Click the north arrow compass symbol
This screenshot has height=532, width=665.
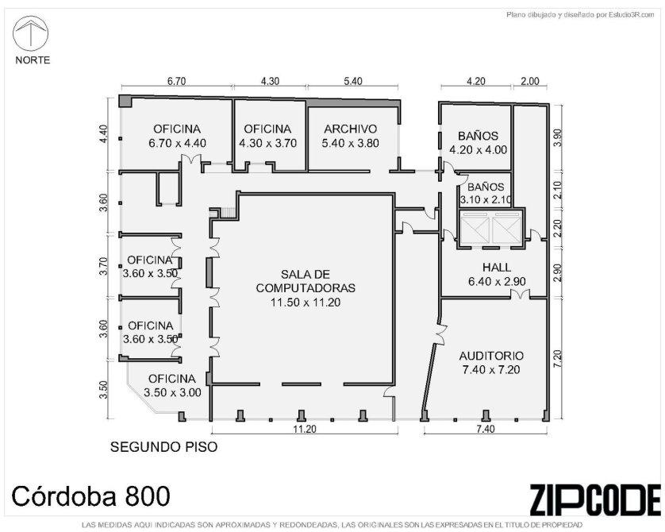click(30, 33)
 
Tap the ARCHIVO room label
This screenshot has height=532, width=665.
click(350, 129)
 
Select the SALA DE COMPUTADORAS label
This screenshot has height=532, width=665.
click(306, 281)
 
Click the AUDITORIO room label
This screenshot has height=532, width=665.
click(491, 356)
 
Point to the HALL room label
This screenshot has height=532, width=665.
click(497, 268)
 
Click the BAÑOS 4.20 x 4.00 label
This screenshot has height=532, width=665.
click(478, 143)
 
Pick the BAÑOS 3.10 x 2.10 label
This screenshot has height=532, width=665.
click(486, 193)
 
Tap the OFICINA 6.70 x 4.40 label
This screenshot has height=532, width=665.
click(177, 136)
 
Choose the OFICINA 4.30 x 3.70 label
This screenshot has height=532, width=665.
click(267, 136)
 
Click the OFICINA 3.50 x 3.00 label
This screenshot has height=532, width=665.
click(172, 385)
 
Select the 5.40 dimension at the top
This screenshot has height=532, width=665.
click(353, 81)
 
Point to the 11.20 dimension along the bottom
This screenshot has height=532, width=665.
click(305, 430)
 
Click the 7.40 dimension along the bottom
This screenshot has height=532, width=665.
click(485, 429)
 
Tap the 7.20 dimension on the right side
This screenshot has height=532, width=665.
click(557, 358)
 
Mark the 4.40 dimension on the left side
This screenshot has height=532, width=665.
click(103, 133)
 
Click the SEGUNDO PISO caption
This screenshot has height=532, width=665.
click(163, 447)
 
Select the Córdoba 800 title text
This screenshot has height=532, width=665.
click(90, 496)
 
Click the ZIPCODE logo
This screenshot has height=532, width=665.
click(594, 499)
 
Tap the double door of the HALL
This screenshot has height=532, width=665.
click(520, 294)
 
